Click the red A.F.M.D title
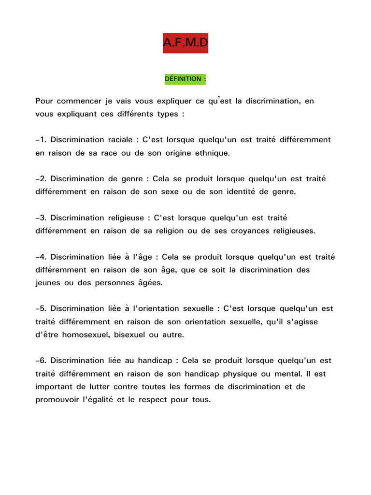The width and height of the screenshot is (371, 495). (185, 44)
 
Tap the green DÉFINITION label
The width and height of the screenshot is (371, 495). (185, 79)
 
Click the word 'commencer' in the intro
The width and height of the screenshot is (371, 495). (76, 101)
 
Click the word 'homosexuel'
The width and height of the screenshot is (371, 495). (84, 335)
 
